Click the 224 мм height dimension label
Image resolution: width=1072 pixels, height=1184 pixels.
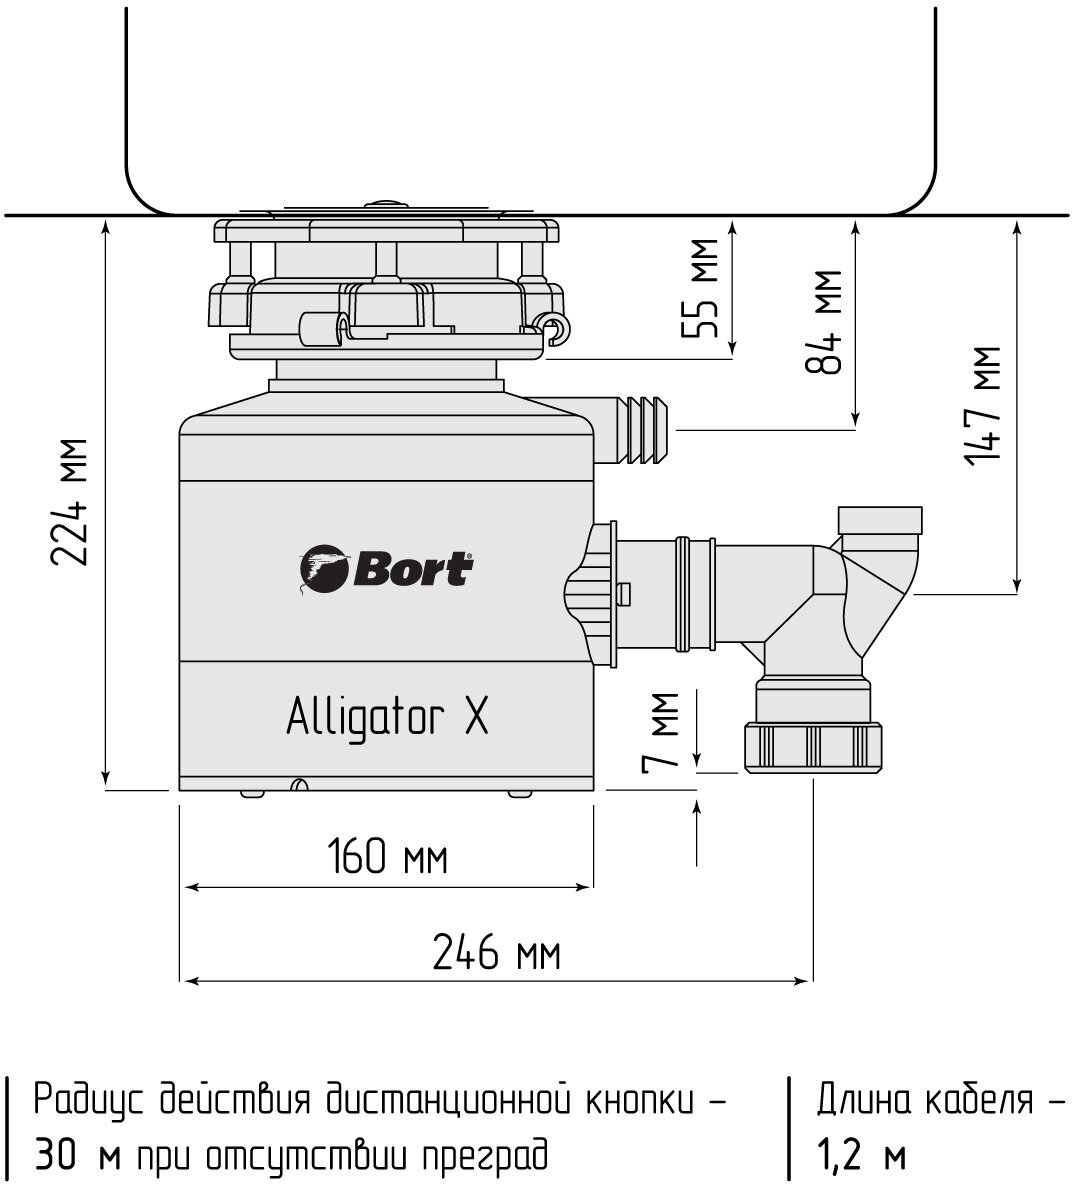pyautogui.click(x=71, y=502)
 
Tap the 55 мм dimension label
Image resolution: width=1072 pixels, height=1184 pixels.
pyautogui.click(x=703, y=290)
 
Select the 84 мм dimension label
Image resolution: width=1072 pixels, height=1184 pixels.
pyautogui.click(x=825, y=322)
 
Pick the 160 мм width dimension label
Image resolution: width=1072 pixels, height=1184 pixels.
pyautogui.click(x=387, y=857)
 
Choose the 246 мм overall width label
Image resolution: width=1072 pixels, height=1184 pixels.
pyautogui.click(x=496, y=952)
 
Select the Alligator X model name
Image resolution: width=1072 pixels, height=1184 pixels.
pyautogui.click(x=388, y=717)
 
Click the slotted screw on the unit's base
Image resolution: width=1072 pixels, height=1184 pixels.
pyautogui.click(x=298, y=785)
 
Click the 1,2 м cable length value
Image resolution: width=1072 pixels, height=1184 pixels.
pyautogui.click(x=860, y=1157)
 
